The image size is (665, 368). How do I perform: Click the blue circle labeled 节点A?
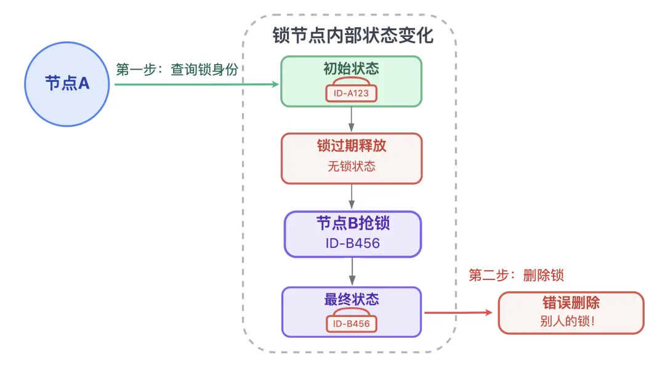[67, 84]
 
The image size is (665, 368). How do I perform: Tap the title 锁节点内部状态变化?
[353, 35]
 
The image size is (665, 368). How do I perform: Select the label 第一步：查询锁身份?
[177, 70]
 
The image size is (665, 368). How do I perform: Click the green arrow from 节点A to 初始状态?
[197, 84]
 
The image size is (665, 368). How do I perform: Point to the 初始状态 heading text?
[352, 68]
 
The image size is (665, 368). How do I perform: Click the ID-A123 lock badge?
[351, 94]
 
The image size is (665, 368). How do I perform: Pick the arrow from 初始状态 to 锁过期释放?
[352, 119]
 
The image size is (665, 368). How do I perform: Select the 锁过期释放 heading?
[352, 146]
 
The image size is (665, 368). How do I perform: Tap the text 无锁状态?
[352, 166]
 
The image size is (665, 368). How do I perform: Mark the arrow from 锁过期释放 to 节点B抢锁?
[352, 197]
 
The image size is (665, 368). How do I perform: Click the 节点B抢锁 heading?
[352, 223]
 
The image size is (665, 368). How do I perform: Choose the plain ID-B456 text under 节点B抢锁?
[352, 243]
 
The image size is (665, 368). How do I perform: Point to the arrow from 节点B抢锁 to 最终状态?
[352, 271]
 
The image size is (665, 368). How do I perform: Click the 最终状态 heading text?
[352, 300]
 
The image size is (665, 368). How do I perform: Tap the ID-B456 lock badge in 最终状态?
[352, 324]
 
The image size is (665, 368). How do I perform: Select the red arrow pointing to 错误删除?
[459, 313]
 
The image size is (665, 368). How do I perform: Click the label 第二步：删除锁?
[516, 275]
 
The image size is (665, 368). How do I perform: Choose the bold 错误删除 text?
[571, 303]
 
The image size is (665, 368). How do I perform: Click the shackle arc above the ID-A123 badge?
[351, 79]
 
